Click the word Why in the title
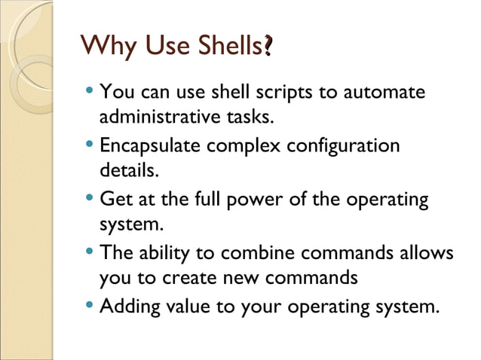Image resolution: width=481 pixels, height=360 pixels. pos(104,48)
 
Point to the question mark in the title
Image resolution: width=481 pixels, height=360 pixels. pos(268,48)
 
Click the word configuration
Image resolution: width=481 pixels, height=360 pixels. pos(344,145)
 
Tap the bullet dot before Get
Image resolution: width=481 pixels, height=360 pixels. pos(90,200)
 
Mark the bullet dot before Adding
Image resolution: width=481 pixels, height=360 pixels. pos(90,307)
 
